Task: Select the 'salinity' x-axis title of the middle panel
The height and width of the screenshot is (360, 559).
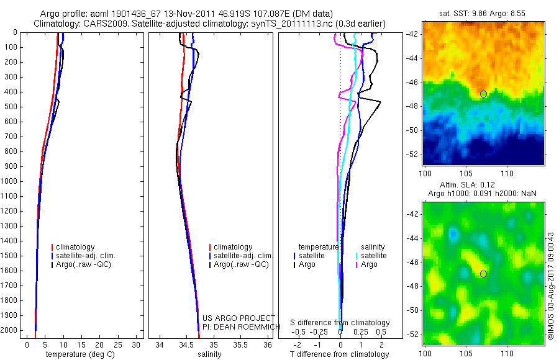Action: point(209,354)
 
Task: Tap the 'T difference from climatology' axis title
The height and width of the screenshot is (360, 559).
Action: point(340,354)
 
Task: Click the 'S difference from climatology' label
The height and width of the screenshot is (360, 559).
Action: point(340,323)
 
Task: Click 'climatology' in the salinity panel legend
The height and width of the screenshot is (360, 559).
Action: point(233,247)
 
